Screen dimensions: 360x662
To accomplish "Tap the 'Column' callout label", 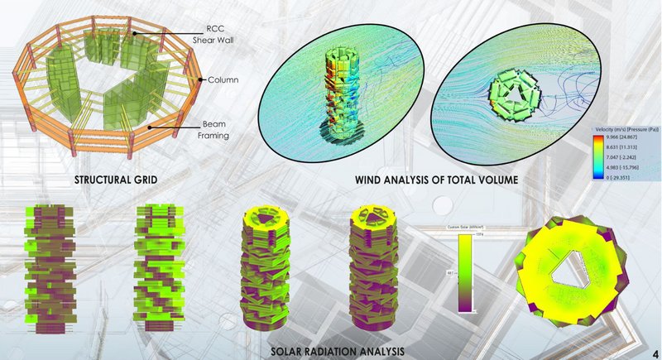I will [223, 80].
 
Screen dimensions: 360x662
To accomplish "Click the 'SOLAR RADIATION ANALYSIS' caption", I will [338, 351].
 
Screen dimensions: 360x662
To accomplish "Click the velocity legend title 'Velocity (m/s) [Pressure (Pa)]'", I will [626, 131].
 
